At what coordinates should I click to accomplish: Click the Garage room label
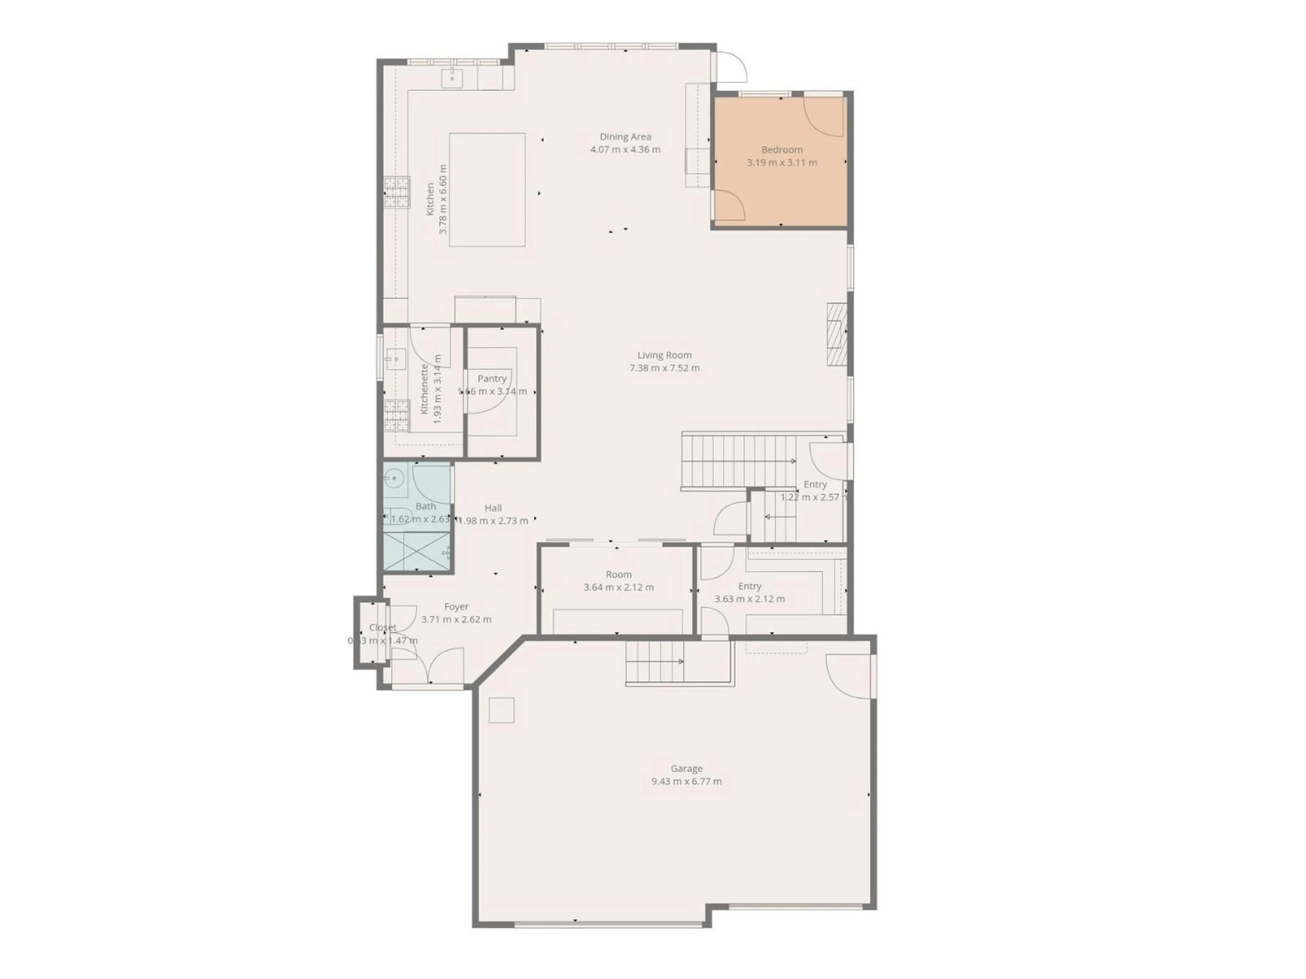[x=686, y=768]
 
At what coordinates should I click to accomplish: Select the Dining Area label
[x=625, y=136]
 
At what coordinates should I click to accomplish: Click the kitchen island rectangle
[x=487, y=189]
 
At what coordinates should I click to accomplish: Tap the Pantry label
[x=492, y=378]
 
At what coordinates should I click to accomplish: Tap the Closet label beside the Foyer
[x=383, y=627]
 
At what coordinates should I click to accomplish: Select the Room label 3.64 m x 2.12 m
[x=618, y=574]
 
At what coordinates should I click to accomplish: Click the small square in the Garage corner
[x=501, y=710]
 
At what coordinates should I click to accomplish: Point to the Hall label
[x=493, y=508]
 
